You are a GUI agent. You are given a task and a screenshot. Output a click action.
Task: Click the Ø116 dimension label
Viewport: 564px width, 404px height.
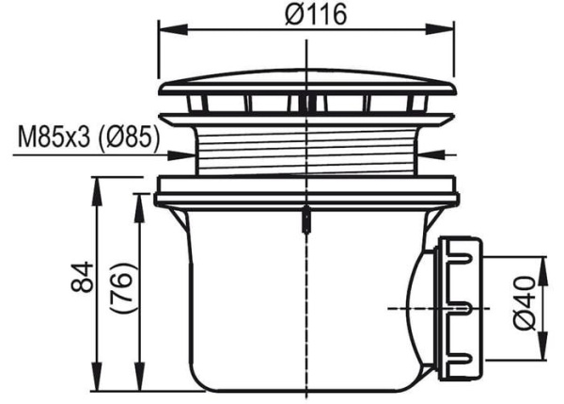(x=316, y=15)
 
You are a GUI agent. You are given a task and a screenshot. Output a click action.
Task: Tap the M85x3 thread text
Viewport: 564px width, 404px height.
(x=54, y=137)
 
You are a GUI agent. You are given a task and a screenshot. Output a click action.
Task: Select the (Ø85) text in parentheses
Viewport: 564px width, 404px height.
(x=129, y=138)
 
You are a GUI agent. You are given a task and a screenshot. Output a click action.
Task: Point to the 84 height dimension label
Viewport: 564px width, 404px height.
(x=83, y=277)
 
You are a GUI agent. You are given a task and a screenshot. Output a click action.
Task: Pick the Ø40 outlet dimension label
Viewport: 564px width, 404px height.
(x=525, y=303)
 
